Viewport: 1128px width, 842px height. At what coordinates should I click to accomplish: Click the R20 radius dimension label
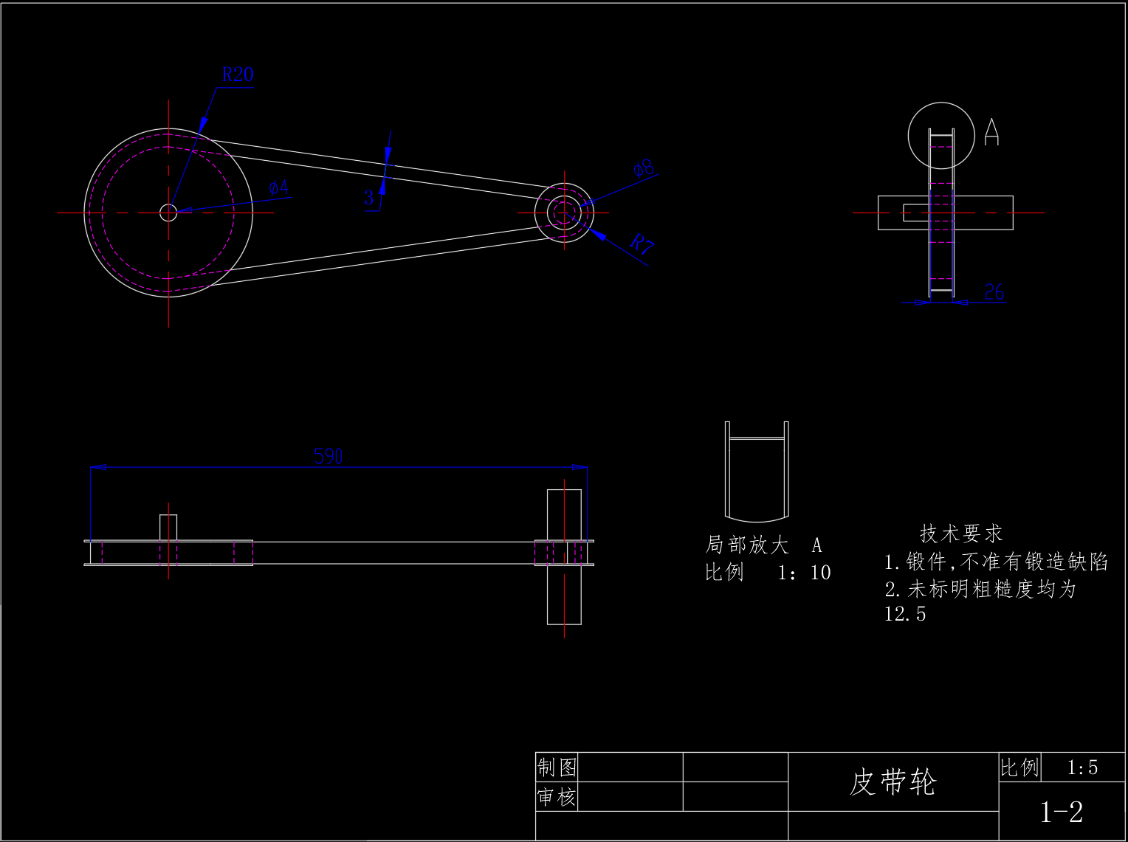click(x=238, y=75)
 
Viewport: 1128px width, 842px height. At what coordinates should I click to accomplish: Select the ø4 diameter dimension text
click(x=278, y=187)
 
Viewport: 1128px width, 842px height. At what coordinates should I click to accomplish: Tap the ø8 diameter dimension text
click(x=644, y=168)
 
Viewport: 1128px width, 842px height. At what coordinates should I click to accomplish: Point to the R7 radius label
click(x=642, y=243)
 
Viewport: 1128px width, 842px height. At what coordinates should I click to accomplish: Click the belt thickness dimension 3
click(x=368, y=197)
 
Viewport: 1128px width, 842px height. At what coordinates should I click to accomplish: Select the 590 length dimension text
click(x=329, y=456)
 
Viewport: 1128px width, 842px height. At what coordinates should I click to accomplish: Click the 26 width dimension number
click(x=994, y=291)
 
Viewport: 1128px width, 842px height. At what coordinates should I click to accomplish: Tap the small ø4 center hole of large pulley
click(x=168, y=213)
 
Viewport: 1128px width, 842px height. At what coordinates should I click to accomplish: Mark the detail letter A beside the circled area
click(x=991, y=132)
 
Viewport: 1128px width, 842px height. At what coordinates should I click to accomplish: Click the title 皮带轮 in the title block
click(x=893, y=782)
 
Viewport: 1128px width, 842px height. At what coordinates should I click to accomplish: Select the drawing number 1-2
click(x=1062, y=812)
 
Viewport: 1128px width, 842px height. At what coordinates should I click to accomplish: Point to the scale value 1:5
click(x=1082, y=767)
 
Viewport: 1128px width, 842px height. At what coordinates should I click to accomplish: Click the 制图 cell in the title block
click(x=557, y=767)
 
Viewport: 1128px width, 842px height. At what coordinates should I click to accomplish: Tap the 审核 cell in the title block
click(x=557, y=797)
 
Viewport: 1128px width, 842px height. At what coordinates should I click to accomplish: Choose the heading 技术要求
click(x=961, y=534)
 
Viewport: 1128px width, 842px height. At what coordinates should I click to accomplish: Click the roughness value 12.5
click(x=905, y=614)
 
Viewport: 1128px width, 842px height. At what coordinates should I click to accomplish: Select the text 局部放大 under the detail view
click(x=746, y=545)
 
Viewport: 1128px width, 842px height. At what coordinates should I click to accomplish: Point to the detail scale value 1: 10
click(x=804, y=573)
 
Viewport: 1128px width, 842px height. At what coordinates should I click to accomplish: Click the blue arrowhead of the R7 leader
click(x=597, y=234)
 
